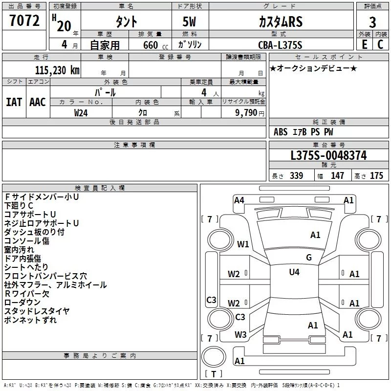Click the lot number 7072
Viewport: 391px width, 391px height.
[x=24, y=21]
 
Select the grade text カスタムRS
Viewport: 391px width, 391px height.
[x=281, y=22]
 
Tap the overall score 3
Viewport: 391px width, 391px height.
[x=372, y=22]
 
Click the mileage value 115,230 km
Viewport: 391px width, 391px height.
[x=57, y=70]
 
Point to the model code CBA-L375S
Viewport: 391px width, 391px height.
[x=280, y=45]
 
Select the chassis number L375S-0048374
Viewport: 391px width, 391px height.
[x=328, y=155]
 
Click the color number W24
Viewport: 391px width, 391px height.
[x=81, y=113]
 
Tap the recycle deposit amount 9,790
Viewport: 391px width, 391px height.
[x=246, y=113]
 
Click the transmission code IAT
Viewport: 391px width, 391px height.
[x=14, y=102]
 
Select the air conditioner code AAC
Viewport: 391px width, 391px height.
[x=38, y=102]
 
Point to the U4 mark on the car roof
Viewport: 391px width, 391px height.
[x=294, y=272]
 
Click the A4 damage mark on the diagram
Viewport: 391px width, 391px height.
[x=239, y=200]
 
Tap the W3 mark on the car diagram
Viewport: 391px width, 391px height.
[x=240, y=335]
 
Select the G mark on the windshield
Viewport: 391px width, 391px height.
[x=309, y=257]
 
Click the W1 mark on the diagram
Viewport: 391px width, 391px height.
[x=243, y=244]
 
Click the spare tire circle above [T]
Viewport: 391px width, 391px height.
[x=214, y=357]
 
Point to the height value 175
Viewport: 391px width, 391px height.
[x=376, y=175]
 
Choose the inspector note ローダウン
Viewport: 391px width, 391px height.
[x=22, y=302]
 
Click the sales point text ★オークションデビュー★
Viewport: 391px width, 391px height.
[x=313, y=68]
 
